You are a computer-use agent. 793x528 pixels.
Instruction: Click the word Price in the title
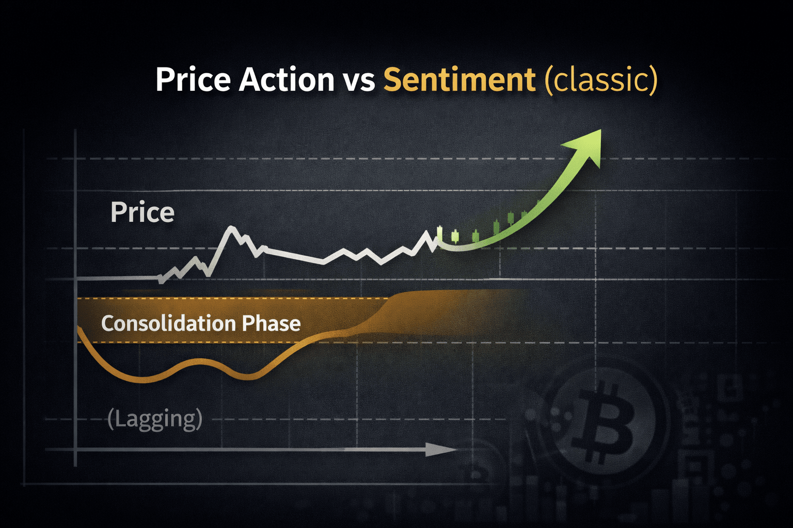(193, 79)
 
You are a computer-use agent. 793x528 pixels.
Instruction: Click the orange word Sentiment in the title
(459, 79)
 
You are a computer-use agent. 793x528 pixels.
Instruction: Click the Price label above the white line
(142, 212)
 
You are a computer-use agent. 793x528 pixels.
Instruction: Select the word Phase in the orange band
(272, 323)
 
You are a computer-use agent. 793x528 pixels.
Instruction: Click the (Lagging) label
(155, 419)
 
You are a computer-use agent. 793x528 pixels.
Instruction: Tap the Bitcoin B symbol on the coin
(602, 424)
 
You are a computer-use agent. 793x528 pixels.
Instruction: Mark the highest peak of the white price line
(231, 227)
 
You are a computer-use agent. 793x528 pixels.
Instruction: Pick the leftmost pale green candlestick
(440, 234)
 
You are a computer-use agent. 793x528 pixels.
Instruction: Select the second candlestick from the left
(454, 236)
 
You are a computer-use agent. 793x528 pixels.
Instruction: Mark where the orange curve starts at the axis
(78, 328)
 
